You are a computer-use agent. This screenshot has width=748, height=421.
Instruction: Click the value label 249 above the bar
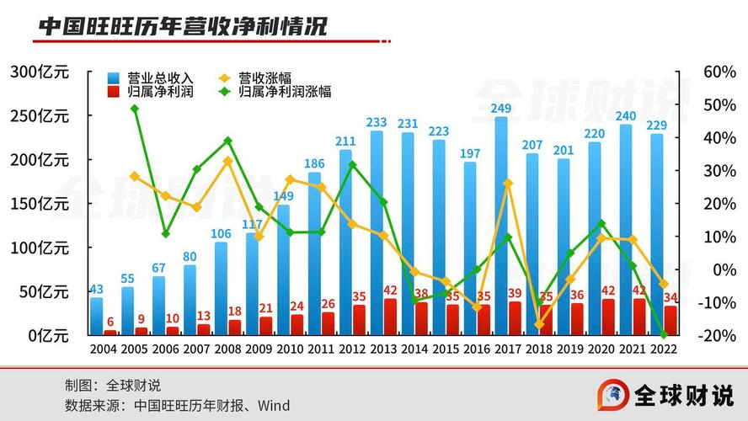(x=501, y=108)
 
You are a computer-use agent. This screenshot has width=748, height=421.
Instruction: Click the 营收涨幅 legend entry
(x=265, y=77)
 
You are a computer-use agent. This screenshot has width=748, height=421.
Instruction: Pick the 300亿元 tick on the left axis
(x=40, y=72)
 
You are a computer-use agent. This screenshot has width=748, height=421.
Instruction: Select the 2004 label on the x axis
(x=104, y=349)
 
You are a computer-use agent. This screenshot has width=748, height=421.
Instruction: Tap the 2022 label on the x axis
(x=664, y=349)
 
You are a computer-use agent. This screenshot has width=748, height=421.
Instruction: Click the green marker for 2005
(x=135, y=109)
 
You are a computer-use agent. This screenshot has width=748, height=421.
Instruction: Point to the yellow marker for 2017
(x=508, y=183)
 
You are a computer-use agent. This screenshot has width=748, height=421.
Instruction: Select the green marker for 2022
(x=664, y=335)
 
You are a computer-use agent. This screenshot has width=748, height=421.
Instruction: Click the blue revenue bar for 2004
(x=97, y=317)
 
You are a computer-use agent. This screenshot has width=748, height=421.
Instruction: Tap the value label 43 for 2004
(x=97, y=289)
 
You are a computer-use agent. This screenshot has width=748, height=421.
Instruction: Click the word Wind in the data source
(x=274, y=406)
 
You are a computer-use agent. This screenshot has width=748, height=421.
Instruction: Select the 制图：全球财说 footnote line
(x=113, y=386)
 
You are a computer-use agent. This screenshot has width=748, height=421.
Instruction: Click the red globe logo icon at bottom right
(x=614, y=394)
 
